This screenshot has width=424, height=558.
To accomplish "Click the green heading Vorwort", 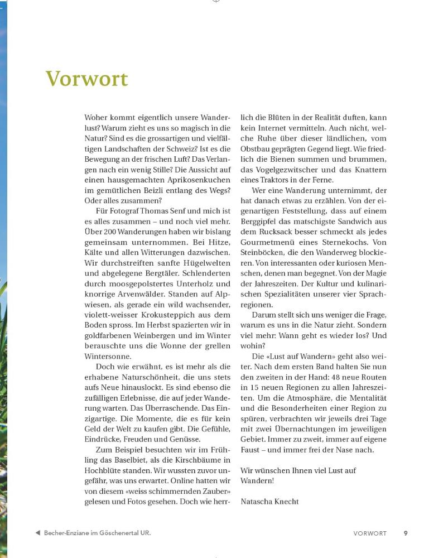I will point(87,79).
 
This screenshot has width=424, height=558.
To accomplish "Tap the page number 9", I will point(406,533).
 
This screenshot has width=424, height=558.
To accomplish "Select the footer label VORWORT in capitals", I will point(370,533).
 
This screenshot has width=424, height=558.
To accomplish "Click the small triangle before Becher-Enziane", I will point(37,533).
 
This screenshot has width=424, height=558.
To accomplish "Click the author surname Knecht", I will point(285,501).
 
